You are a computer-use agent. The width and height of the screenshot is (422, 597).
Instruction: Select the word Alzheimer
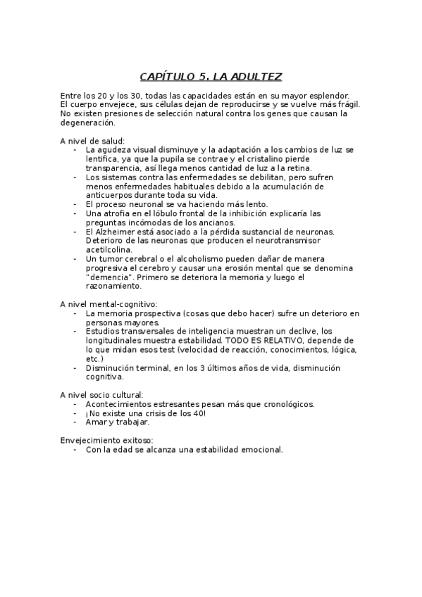[116, 231]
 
